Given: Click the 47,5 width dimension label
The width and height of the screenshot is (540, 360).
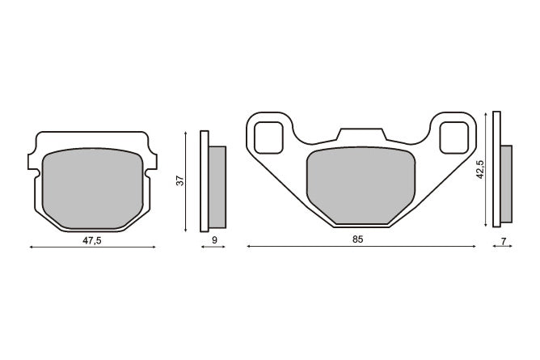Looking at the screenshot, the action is click(x=92, y=240).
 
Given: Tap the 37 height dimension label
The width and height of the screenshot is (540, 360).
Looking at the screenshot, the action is click(x=180, y=180).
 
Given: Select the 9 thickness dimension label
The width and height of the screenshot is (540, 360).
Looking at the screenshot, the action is click(x=214, y=240).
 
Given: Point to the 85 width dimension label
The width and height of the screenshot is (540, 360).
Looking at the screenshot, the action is click(x=357, y=239).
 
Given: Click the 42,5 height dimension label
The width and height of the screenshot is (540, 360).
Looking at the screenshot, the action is click(x=479, y=170).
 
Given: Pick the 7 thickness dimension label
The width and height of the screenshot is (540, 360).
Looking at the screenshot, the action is click(x=503, y=242).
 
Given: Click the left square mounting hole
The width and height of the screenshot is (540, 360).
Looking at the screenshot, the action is click(x=268, y=138).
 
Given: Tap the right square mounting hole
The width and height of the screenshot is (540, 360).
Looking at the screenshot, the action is click(x=454, y=138).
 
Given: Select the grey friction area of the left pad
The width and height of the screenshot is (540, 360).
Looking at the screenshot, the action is click(x=93, y=188).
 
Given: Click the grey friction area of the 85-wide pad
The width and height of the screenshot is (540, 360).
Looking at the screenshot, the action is click(x=361, y=185).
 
